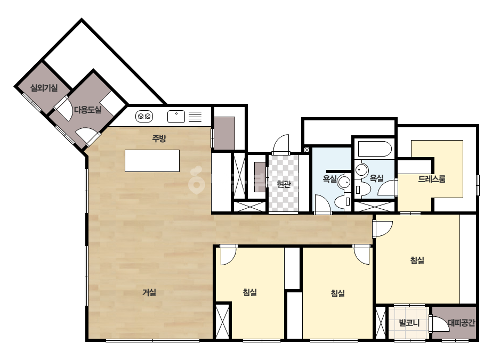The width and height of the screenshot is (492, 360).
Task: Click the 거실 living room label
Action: pos(149,292)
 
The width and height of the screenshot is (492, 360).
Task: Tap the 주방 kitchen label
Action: pos(159,138)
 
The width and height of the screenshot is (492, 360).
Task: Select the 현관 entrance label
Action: pos(284,184)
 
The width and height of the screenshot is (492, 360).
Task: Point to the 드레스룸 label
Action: pos(432,179)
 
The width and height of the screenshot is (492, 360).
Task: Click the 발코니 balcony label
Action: pos(409,322)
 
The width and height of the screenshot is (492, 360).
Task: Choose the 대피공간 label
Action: pos(461,322)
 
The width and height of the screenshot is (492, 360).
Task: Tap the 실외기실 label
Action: pos(44,88)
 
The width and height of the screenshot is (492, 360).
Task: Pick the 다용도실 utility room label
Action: pos(87,110)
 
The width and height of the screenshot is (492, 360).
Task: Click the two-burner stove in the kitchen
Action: pos(144,116)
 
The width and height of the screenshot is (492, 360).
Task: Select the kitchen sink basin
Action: pos(176,117)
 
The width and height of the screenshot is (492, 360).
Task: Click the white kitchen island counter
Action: pos(152,160)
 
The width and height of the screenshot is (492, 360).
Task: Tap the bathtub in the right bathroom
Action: pos(375,149)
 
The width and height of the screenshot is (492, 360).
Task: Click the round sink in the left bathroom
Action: pos(344,182)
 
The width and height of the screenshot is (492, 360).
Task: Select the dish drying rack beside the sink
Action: pos(195,117)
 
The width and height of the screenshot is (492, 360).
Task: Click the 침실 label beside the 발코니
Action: pos(417,260)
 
